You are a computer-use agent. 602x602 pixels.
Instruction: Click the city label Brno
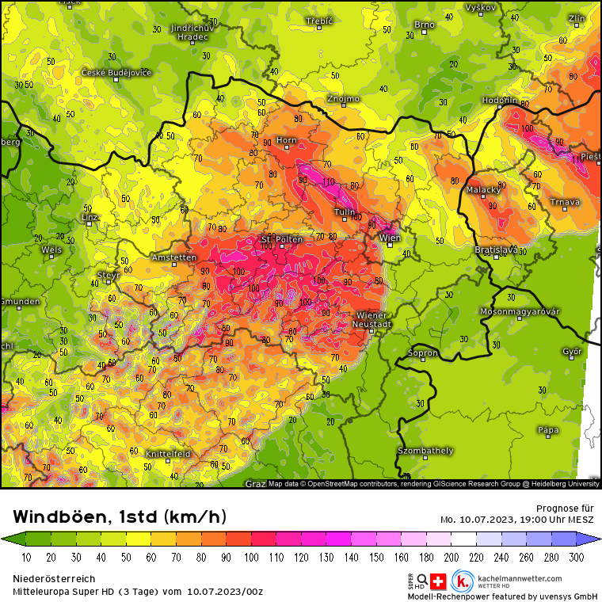click(x=425, y=25)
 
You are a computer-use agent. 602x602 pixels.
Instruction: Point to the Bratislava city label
click(x=496, y=250)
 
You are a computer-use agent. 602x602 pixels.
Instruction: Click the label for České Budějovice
click(x=116, y=73)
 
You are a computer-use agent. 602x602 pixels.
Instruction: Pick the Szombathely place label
click(x=425, y=451)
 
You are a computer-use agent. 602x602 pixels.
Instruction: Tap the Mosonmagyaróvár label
click(x=520, y=311)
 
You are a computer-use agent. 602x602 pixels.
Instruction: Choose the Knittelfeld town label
click(x=168, y=454)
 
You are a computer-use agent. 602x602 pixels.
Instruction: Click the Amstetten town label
click(x=173, y=257)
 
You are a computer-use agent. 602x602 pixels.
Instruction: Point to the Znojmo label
click(x=343, y=99)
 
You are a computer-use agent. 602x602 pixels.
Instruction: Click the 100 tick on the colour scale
click(x=251, y=558)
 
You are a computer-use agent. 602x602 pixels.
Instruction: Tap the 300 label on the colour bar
click(x=577, y=558)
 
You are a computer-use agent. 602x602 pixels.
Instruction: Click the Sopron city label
click(x=422, y=352)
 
